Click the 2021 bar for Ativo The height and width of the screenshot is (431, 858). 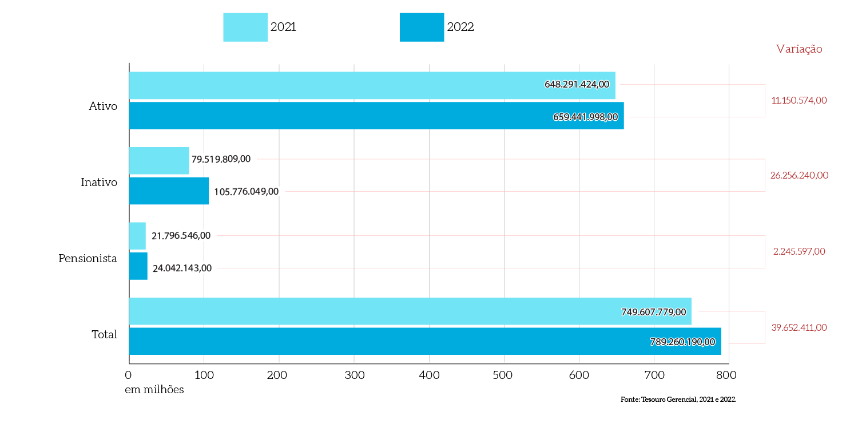point(372,85)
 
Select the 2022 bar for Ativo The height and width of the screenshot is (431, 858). point(376,116)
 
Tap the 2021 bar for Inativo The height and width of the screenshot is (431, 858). point(159,160)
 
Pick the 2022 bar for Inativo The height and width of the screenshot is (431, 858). point(169,191)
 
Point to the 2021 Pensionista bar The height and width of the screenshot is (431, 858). point(137,236)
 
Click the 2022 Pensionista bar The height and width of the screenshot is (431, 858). point(138,266)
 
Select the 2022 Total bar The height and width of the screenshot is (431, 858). point(425,341)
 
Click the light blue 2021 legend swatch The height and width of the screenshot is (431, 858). point(245,27)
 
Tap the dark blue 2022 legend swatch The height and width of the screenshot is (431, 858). point(422,27)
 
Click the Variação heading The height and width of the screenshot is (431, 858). point(799,49)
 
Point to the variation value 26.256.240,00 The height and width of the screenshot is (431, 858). point(799,176)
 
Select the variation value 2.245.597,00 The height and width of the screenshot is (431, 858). point(799,251)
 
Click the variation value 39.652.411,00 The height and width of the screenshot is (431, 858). point(799,327)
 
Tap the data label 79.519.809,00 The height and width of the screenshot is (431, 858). point(221,159)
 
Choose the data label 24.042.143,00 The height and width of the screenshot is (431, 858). point(182,268)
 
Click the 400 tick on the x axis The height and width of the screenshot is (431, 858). point(429,375)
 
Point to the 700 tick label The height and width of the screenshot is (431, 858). point(654,375)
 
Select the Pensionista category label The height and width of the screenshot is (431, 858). point(88,259)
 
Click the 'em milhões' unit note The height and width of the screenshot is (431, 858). point(154,390)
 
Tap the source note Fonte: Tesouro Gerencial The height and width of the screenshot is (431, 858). point(678,400)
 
